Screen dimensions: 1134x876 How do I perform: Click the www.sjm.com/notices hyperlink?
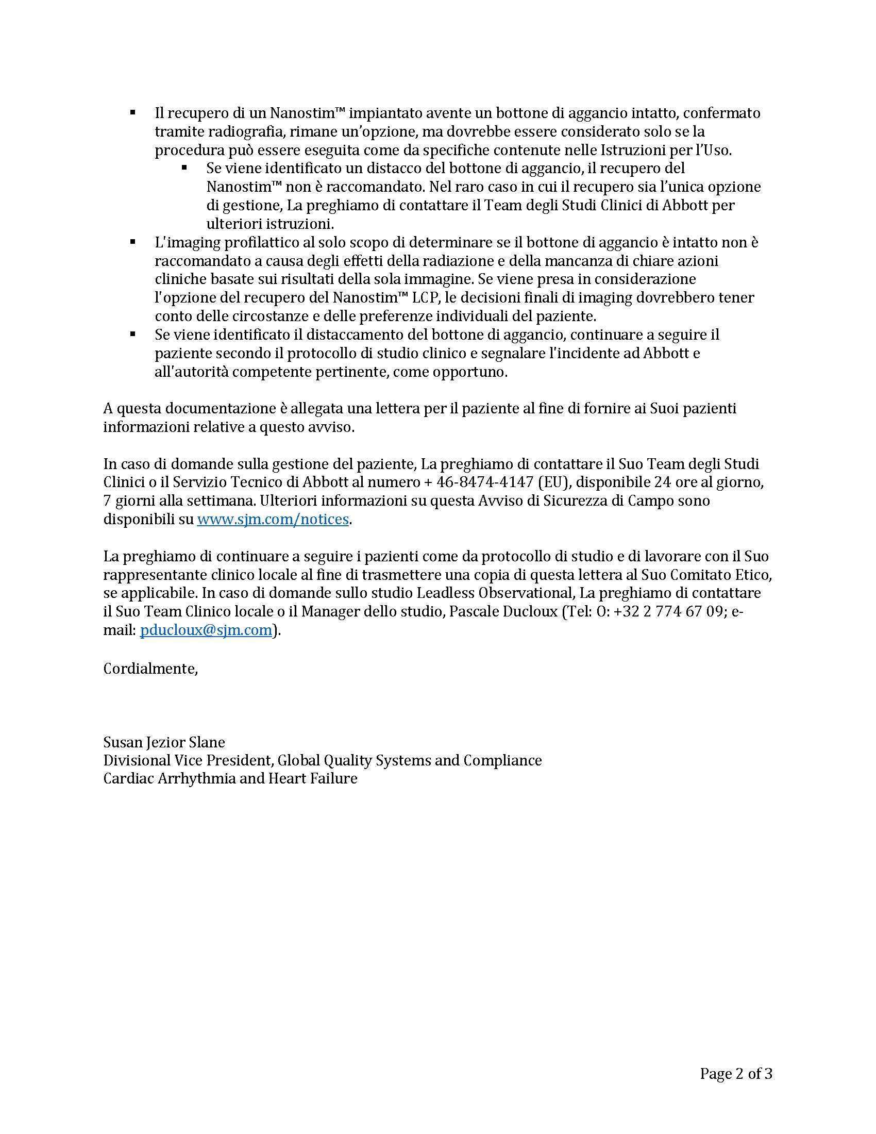(273, 519)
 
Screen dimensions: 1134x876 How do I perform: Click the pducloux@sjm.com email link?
(206, 630)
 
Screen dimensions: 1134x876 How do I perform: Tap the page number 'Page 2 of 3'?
(736, 1073)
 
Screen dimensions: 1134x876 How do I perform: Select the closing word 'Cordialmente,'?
(150, 668)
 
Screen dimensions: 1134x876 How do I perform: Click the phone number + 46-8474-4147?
(479, 482)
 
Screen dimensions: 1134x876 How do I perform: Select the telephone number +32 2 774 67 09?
(668, 611)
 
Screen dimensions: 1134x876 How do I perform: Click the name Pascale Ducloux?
(503, 611)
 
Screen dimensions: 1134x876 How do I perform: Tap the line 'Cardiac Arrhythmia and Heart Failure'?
(230, 778)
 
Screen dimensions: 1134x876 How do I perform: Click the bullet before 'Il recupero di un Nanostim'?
(133, 112)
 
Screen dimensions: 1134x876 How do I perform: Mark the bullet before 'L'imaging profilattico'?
(133, 241)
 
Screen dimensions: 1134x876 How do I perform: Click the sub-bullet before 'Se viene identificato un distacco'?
(184, 168)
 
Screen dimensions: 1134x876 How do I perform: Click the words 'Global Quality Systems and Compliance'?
(410, 760)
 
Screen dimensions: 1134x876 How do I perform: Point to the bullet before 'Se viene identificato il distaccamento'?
(133, 335)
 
